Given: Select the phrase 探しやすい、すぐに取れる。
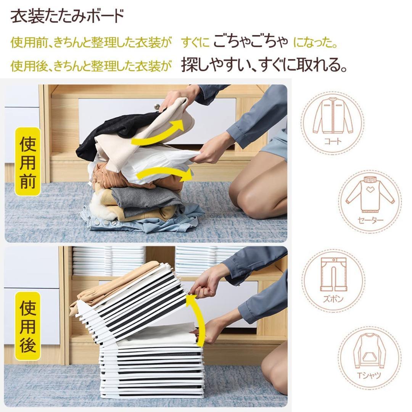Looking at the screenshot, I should coord(264,64).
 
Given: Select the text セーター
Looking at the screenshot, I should coord(370,220).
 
